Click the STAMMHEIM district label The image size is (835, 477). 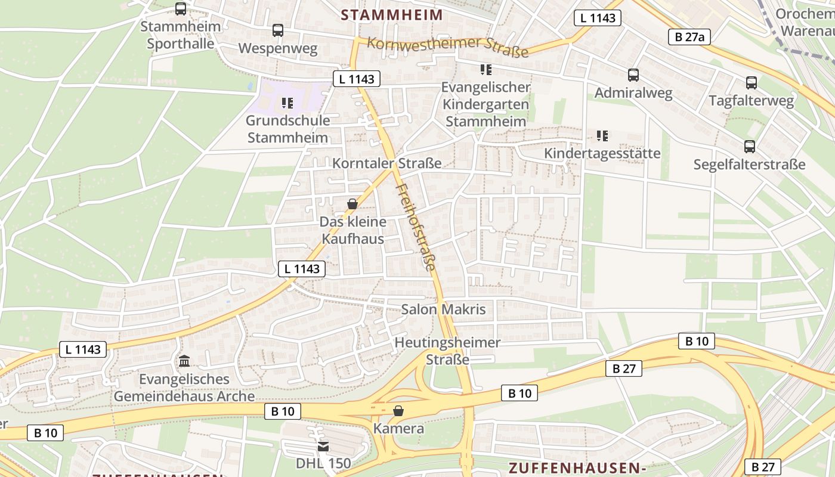pos(392,15)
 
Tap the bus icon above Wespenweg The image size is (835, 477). pos(278,30)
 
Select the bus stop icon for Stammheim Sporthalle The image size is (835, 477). pos(181,9)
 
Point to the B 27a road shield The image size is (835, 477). pos(689,37)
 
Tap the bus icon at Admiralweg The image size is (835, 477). pos(633,75)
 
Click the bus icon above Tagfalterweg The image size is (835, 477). pos(751,83)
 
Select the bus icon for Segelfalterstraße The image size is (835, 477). pos(750,146)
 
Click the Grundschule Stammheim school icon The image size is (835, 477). pos(287,103)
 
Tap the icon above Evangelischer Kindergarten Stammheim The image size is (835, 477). pos(485,70)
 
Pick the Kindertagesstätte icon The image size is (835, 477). pos(602,136)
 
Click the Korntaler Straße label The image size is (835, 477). pos(386,163)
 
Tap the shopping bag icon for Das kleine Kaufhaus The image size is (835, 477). pos(352,204)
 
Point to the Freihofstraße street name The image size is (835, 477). pos(416,227)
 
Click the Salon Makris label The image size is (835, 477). pos(443,309)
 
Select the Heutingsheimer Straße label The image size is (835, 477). pos(447,351)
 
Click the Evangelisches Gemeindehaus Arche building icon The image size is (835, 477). pos(184,361)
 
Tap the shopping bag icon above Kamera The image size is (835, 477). pos(398,411)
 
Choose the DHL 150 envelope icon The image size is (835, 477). pos(323,446)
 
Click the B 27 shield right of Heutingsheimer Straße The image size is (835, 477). pos(624,368)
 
